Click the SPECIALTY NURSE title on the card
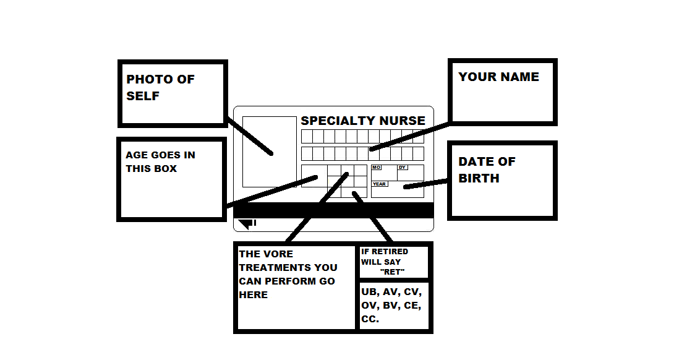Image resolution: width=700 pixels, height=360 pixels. tap(363, 121)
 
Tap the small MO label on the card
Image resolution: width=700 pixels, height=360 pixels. tap(376, 168)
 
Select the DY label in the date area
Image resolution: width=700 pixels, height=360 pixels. tap(402, 168)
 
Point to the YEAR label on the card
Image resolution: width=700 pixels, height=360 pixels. tap(379, 184)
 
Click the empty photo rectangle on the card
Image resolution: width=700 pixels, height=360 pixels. tap(269, 152)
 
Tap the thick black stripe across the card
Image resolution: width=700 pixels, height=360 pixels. tap(333, 210)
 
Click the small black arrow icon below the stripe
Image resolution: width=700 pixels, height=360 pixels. tap(247, 223)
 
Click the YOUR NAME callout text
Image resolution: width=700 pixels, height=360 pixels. tap(498, 77)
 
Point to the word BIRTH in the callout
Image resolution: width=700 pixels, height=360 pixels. tap(479, 178)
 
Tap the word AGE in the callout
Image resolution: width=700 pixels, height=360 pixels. tap(136, 155)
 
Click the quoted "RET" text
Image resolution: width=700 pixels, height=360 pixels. tap(391, 272)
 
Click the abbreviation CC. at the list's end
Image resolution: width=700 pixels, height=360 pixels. tap(370, 319)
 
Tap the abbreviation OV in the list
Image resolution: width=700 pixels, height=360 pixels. tap(370, 306)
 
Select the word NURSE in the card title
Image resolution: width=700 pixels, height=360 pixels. tap(402, 121)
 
